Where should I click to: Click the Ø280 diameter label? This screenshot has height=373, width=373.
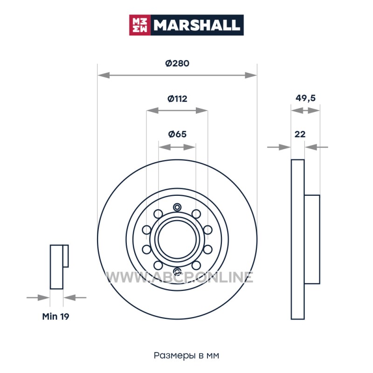coord(177,63)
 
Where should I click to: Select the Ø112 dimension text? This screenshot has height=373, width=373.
coord(177,98)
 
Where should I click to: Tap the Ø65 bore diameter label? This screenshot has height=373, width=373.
coord(177,134)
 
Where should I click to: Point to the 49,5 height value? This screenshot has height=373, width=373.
coord(305,98)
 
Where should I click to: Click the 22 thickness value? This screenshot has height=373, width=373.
coord(300,134)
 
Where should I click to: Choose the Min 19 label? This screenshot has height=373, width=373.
coord(55,317)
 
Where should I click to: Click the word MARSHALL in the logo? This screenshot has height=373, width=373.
coord(196,25)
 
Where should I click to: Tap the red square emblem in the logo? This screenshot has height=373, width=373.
coord(139,25)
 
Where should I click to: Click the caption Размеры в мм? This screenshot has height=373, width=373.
coord(186,355)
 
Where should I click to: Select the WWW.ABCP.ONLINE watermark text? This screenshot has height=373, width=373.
coord(180,277)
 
